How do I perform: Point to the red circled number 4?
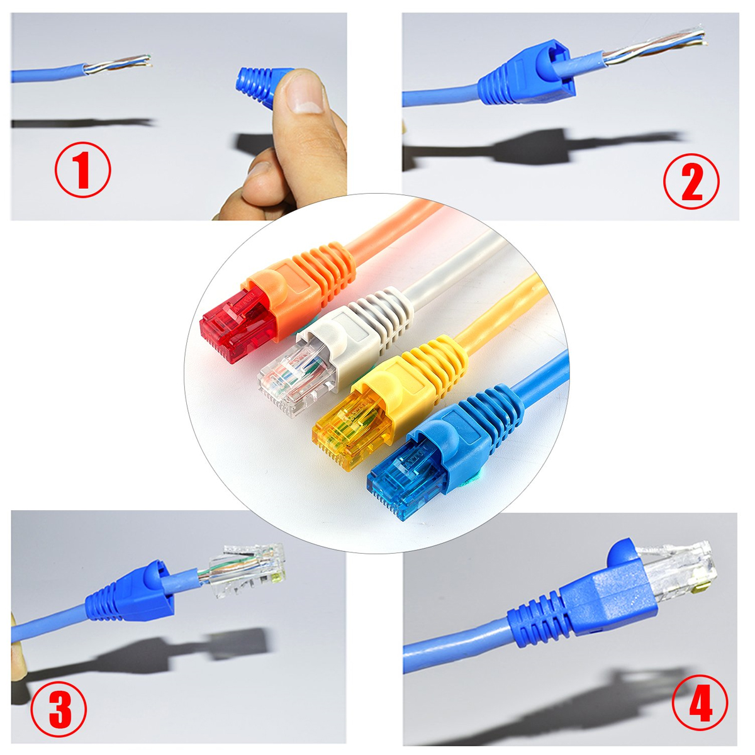(x=700, y=703)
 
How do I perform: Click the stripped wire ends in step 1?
(x=120, y=64)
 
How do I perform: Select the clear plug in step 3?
(x=249, y=569)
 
